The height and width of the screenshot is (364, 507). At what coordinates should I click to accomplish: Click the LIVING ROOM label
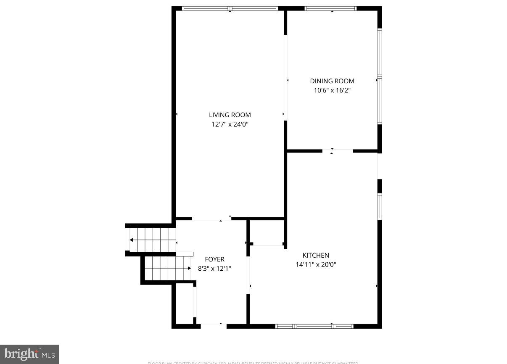pyautogui.click(x=230, y=115)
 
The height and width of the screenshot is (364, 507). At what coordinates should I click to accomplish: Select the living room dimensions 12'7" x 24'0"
pyautogui.click(x=230, y=124)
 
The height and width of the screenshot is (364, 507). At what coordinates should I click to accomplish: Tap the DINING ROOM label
pyautogui.click(x=332, y=81)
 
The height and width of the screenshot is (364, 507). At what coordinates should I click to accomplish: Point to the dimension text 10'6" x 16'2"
pyautogui.click(x=332, y=90)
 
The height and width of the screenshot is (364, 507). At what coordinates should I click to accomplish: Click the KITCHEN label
pyautogui.click(x=316, y=255)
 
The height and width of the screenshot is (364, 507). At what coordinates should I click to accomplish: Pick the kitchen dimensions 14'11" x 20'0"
pyautogui.click(x=316, y=264)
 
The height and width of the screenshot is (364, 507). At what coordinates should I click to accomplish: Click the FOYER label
pyautogui.click(x=214, y=259)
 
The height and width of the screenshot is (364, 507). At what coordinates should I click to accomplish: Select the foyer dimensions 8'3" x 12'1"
pyautogui.click(x=214, y=268)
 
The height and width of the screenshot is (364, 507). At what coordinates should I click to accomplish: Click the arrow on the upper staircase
pyautogui.click(x=132, y=240)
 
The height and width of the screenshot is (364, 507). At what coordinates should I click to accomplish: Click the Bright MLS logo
pyautogui.click(x=29, y=354)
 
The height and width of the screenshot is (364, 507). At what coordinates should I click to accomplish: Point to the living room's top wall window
pyautogui.click(x=230, y=8)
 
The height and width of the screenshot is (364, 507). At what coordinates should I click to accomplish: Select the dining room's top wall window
pyautogui.click(x=330, y=8)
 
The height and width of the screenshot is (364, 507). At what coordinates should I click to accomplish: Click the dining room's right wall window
pyautogui.click(x=379, y=76)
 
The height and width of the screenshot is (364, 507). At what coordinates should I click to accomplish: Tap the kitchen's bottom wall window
pyautogui.click(x=314, y=326)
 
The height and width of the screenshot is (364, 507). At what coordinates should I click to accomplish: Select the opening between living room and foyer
pyautogui.click(x=211, y=219)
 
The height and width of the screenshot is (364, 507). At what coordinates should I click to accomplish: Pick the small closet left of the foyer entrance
pyautogui.click(x=183, y=303)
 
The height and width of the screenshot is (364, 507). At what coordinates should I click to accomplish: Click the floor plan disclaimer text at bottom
pyautogui.click(x=253, y=362)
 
